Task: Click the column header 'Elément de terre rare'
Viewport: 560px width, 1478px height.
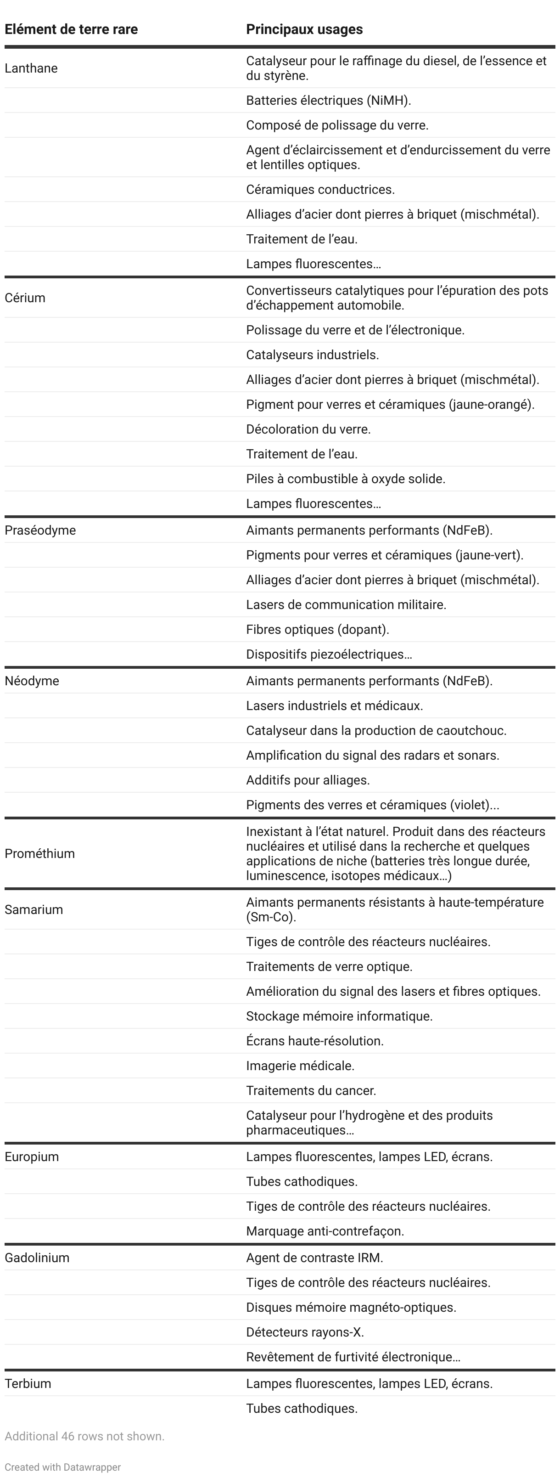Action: [71, 29]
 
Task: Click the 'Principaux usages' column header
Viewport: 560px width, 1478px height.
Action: [304, 29]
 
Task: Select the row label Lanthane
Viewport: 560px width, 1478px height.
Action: [31, 68]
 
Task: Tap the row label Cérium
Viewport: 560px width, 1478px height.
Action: [25, 298]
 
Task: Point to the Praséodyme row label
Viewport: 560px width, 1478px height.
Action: [40, 530]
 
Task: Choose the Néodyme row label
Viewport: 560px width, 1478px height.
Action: [32, 681]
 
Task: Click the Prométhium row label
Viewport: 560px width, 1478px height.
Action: [39, 854]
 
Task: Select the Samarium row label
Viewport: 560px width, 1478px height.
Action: [34, 910]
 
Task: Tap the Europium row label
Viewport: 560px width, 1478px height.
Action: [32, 1156]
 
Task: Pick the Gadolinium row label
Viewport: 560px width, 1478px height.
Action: [37, 1258]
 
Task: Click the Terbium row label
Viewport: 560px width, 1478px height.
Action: [28, 1383]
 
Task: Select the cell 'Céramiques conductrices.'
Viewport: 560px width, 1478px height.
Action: [320, 189]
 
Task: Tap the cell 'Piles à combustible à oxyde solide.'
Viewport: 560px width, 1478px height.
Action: [345, 479]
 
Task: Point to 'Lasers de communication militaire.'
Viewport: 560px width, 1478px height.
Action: [346, 605]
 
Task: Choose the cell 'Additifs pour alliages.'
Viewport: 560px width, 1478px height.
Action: [308, 780]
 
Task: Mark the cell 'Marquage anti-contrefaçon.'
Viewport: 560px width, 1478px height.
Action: [325, 1231]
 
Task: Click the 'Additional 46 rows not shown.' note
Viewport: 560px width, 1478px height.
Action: [84, 1436]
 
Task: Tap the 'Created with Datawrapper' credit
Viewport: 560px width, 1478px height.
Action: [62, 1467]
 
